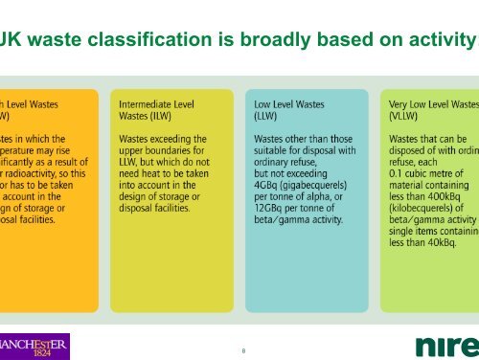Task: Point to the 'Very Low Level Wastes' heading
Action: click(432, 99)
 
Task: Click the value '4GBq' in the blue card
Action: click(269, 185)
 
